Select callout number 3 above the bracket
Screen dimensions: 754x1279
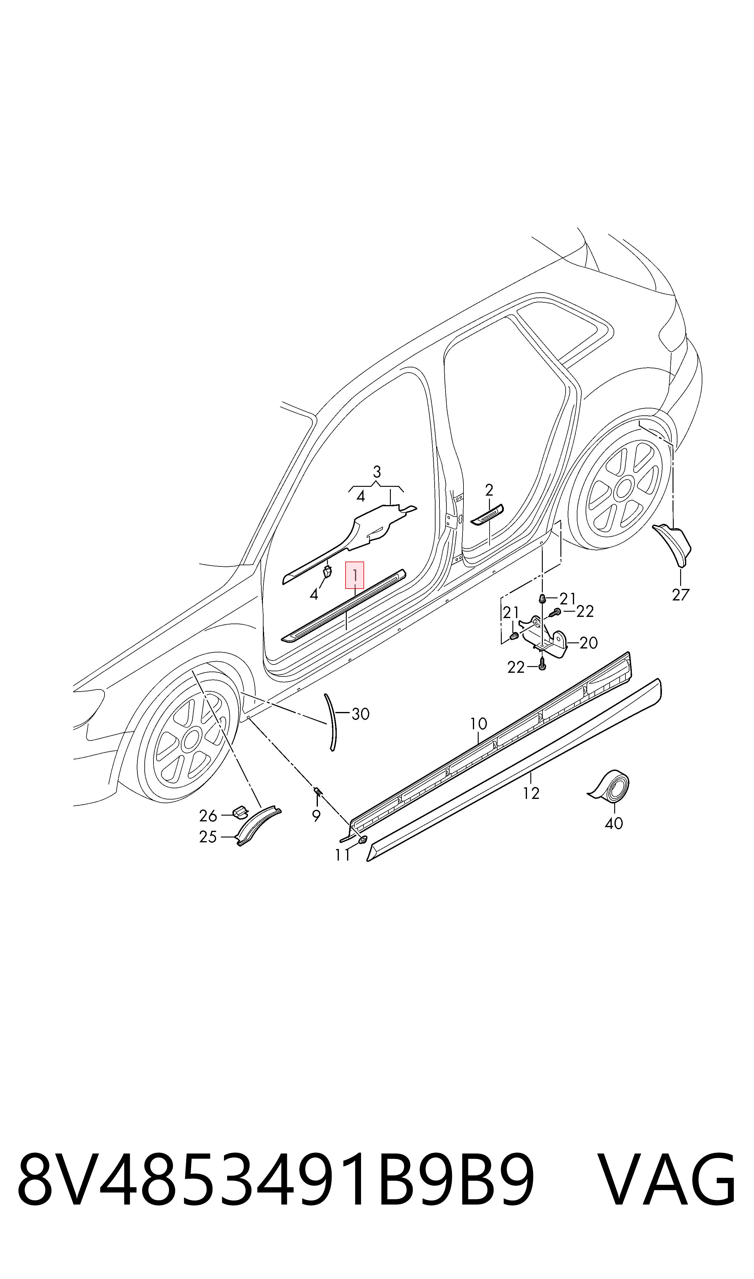pos(377,472)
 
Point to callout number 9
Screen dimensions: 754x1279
pos(316,816)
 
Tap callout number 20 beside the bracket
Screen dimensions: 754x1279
pos(588,643)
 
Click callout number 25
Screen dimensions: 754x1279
pos(208,837)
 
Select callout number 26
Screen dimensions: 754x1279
pos(208,816)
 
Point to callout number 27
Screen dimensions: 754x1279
pos(680,595)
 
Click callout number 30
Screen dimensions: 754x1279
pos(360,714)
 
